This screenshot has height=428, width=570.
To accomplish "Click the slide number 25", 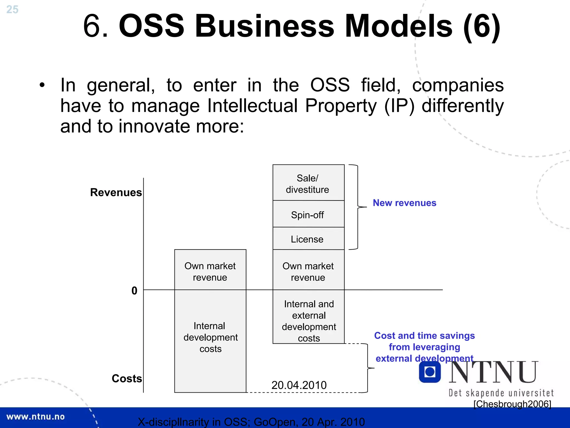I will [x=12, y=9].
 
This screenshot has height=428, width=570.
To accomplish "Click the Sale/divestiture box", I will [x=308, y=183].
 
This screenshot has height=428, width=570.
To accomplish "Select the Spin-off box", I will [x=308, y=214].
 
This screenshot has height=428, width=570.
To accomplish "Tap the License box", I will [x=308, y=239].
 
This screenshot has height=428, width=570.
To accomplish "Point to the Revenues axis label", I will [x=116, y=192].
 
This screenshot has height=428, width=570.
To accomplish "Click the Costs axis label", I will [x=127, y=378].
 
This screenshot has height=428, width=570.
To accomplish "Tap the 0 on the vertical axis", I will [x=134, y=291].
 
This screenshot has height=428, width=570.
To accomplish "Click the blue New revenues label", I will [x=404, y=203].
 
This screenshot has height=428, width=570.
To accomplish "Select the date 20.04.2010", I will [x=299, y=385].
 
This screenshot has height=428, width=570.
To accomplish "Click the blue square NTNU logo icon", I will [x=430, y=372].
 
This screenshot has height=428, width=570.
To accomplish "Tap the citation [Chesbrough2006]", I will [x=512, y=404].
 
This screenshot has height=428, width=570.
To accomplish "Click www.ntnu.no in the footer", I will [x=35, y=417].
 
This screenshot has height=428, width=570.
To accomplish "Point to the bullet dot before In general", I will [x=42, y=85].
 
